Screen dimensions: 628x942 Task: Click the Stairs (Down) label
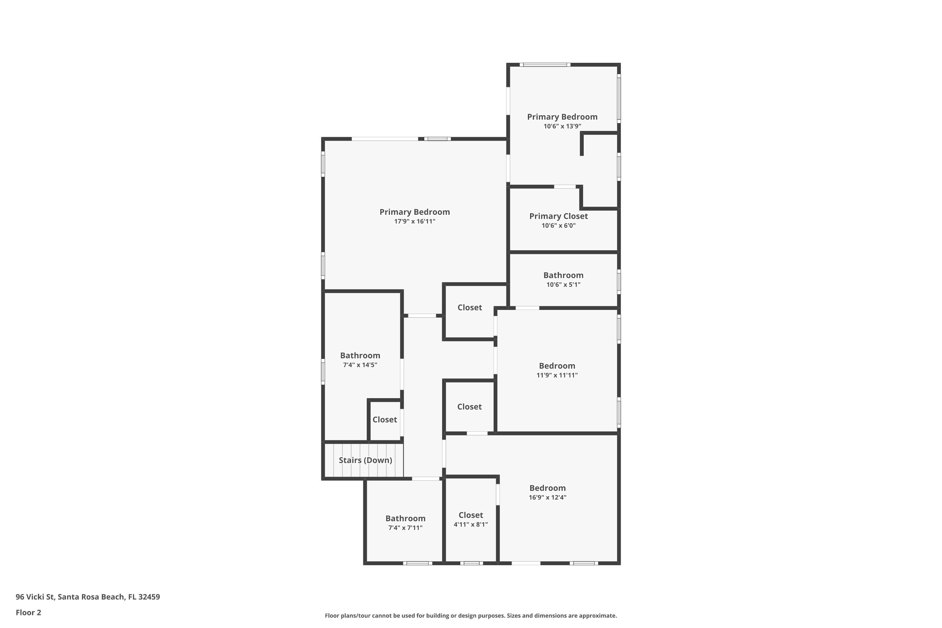(x=365, y=460)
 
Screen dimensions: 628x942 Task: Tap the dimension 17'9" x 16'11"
(x=414, y=221)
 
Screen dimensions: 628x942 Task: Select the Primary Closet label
(x=558, y=216)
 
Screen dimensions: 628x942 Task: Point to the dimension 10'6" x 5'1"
(x=563, y=285)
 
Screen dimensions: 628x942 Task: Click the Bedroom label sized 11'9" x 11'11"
(x=557, y=366)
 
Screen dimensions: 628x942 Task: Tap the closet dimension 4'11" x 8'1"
(x=471, y=525)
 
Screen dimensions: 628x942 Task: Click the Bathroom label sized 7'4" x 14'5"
(x=360, y=355)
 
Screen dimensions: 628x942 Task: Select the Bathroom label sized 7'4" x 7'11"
(x=405, y=518)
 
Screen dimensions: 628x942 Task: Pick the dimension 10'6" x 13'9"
(x=562, y=126)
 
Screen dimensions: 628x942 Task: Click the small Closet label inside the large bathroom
(x=384, y=419)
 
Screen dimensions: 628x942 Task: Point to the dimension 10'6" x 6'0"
(x=558, y=225)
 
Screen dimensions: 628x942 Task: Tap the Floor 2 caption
(x=29, y=612)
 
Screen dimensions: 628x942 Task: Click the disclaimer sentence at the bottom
(x=471, y=615)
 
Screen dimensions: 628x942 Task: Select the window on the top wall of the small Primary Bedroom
(x=545, y=64)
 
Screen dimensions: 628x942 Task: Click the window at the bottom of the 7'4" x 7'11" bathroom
(x=417, y=563)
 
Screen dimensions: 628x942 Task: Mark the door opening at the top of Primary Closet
(x=565, y=187)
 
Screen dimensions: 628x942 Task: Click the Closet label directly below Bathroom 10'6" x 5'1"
(x=469, y=307)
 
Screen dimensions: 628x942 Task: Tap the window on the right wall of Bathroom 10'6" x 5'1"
(x=619, y=282)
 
